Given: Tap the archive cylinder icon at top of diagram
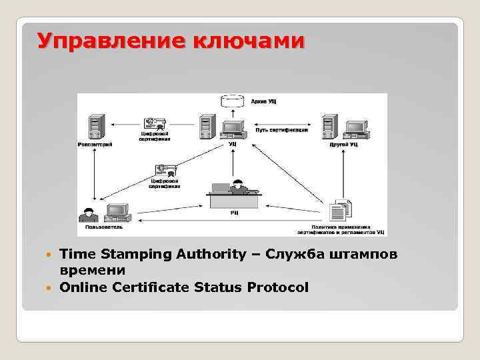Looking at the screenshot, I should click(x=231, y=102).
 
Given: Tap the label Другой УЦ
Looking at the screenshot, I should click(x=343, y=144).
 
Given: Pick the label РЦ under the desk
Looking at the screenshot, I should click(x=235, y=213).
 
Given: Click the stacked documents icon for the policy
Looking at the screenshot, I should click(x=340, y=211).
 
